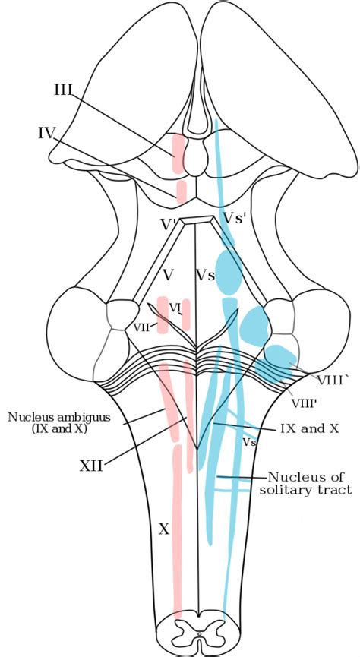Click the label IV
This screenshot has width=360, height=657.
pos(47,134)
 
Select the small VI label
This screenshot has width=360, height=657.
pos(174,307)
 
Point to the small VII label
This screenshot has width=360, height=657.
pos(142,327)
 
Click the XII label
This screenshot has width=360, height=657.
pos(91,465)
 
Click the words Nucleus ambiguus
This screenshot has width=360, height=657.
pos(47,416)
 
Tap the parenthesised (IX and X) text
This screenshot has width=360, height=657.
pos(47,429)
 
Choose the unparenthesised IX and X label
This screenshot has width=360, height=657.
pos(309,428)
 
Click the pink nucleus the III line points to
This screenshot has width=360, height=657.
pos(178,152)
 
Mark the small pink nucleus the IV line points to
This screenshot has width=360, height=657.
pos(182,191)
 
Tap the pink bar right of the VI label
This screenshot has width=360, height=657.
pos(186,314)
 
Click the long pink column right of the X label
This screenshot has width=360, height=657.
pos(177,532)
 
